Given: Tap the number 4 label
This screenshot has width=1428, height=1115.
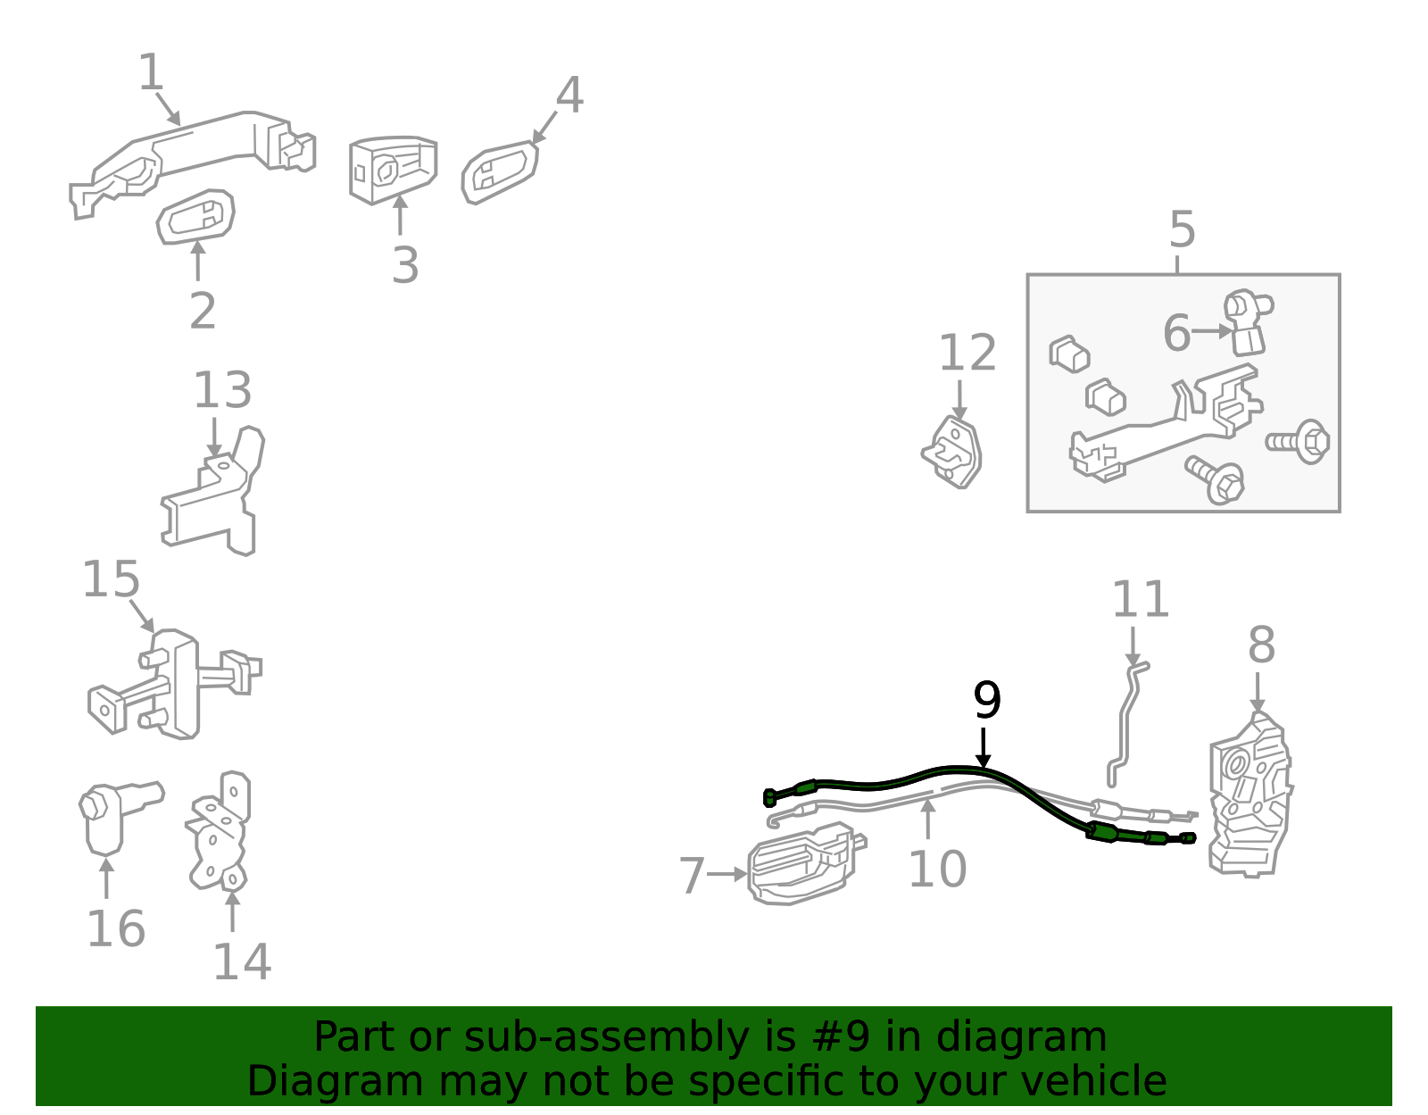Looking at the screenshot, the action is tap(569, 95).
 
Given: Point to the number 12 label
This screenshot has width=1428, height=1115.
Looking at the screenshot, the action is tap(967, 353).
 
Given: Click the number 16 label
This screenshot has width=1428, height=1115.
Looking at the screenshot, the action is tap(116, 928).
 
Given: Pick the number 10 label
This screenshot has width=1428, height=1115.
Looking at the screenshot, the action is tap(937, 869).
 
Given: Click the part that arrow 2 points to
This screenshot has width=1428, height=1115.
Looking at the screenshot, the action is tap(195, 218).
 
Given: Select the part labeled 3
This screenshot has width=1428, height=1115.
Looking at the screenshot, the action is tap(393, 170).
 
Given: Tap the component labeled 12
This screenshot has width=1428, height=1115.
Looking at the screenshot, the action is tap(952, 452).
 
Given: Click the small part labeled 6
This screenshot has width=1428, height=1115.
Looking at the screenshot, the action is tap(1248, 321).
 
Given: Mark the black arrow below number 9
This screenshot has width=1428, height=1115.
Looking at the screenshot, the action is tap(984, 748).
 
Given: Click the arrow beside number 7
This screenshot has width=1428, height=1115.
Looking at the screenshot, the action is tap(726, 874).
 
